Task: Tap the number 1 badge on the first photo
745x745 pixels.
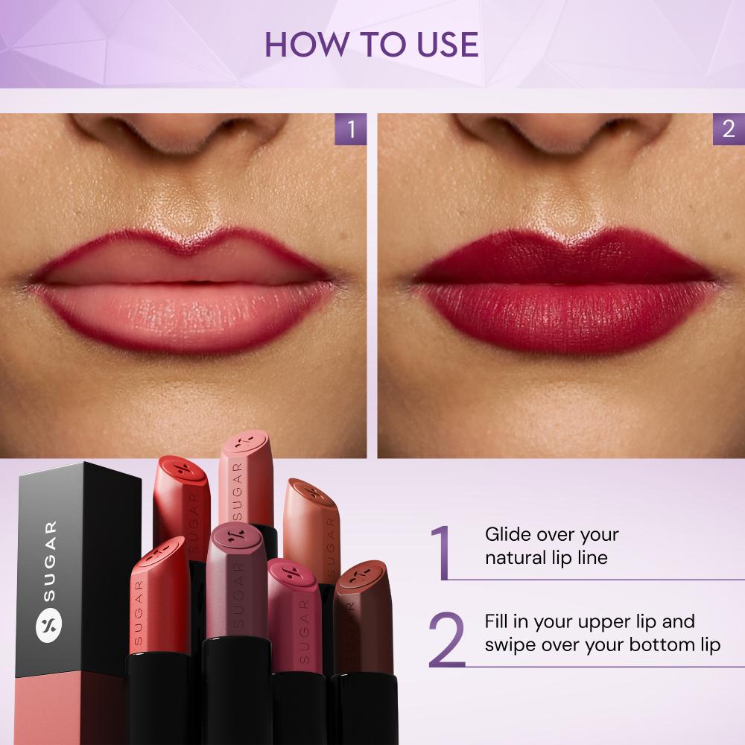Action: point(350,129)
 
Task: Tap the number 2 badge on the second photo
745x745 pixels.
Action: point(728,129)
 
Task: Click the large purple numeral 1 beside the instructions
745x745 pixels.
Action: point(441,552)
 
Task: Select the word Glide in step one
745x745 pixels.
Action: point(507,535)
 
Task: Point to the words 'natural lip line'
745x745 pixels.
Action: point(546,557)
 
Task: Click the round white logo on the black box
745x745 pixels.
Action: point(49,623)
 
